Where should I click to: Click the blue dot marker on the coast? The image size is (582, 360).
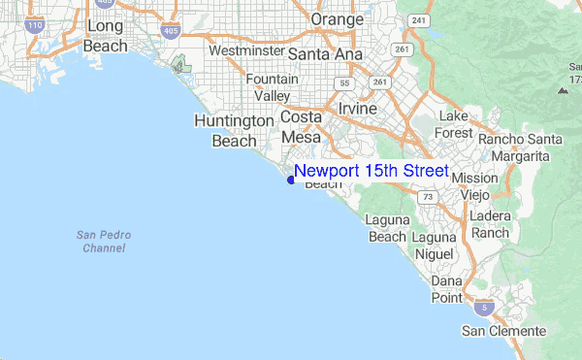pos(290,179)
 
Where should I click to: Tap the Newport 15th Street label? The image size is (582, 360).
pos(371,172)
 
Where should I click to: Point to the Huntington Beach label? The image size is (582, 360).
pos(234,130)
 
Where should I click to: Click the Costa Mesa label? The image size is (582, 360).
pos(300,127)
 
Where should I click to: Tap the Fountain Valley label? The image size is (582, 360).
pos(272,87)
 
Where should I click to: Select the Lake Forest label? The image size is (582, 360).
pos(454,124)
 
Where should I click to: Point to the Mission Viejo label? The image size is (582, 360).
pos(474,185)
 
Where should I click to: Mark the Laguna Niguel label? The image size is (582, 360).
pos(433,245)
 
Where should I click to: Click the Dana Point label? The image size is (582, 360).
pos(446,289)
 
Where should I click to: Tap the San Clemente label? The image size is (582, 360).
pos(503,332)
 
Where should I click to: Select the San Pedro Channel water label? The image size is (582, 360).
pos(103,242)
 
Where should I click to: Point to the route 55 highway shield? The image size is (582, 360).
pos(343,84)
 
